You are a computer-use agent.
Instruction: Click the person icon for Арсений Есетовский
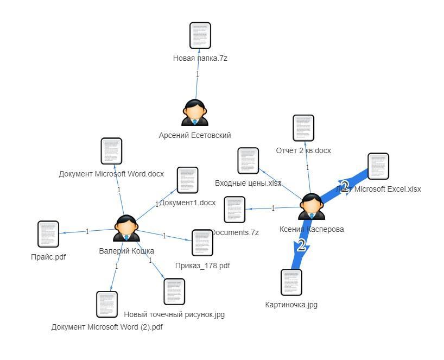click(195, 113)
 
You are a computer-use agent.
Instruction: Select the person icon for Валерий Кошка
click(126, 228)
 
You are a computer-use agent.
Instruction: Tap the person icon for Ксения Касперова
click(312, 207)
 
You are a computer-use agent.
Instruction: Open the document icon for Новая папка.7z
click(200, 36)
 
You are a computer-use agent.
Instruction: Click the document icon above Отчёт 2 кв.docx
click(303, 129)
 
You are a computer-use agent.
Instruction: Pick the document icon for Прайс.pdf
click(48, 234)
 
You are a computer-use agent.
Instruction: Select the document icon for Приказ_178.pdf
click(202, 243)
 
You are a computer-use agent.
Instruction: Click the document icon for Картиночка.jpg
click(291, 282)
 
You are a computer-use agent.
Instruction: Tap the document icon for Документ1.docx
click(187, 180)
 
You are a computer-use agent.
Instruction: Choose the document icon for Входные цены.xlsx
click(249, 161)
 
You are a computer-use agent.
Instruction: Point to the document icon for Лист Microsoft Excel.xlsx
click(378, 166)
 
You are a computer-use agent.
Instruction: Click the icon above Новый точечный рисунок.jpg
click(174, 292)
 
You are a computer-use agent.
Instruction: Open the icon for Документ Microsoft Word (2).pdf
click(107, 305)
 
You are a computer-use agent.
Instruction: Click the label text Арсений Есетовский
click(195, 135)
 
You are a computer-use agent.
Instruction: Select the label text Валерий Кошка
click(126, 251)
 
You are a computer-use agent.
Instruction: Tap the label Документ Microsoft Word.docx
click(111, 174)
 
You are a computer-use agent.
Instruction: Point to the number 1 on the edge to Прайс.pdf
click(87, 231)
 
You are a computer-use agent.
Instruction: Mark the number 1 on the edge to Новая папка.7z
click(197, 74)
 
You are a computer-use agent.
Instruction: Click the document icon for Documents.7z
click(234, 210)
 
